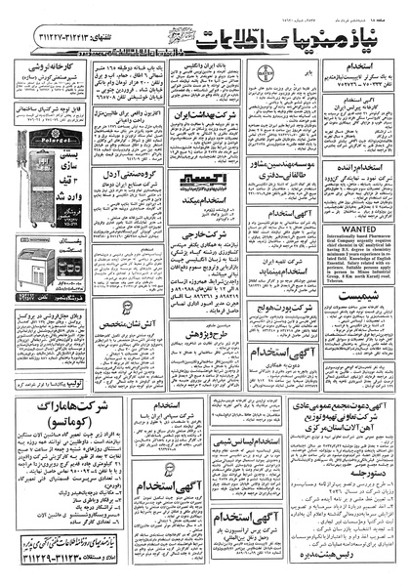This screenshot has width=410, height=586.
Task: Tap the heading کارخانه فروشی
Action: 47,70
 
